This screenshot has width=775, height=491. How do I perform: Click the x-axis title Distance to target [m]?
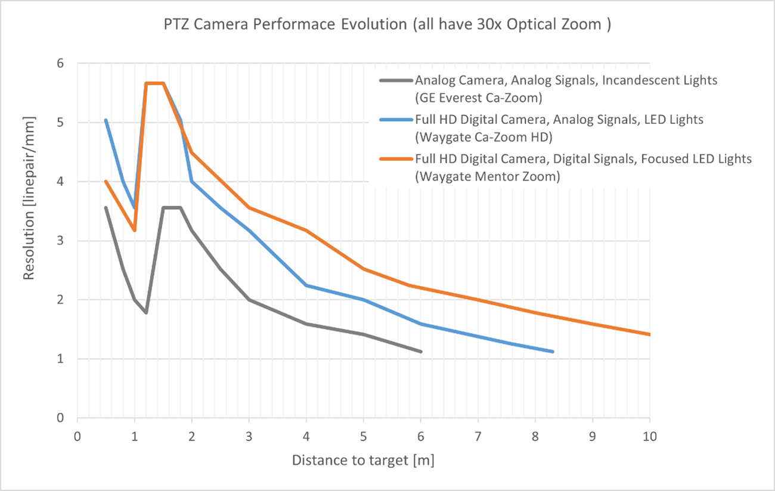pyautogui.click(x=363, y=461)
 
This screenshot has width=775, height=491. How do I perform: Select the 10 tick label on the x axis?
pyautogui.click(x=649, y=436)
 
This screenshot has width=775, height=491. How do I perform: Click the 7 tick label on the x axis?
pyautogui.click(x=478, y=436)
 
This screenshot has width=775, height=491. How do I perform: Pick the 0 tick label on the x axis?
pyautogui.click(x=77, y=436)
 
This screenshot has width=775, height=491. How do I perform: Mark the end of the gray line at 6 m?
pyautogui.click(x=421, y=352)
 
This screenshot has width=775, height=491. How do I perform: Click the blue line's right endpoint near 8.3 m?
pyautogui.click(x=553, y=352)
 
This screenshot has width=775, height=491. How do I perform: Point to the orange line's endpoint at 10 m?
pyautogui.click(x=649, y=334)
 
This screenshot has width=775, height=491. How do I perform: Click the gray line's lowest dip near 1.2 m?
pyautogui.click(x=146, y=312)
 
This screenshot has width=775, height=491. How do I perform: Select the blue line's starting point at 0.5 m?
pyautogui.click(x=106, y=120)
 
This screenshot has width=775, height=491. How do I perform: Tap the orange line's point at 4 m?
pyautogui.click(x=306, y=231)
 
